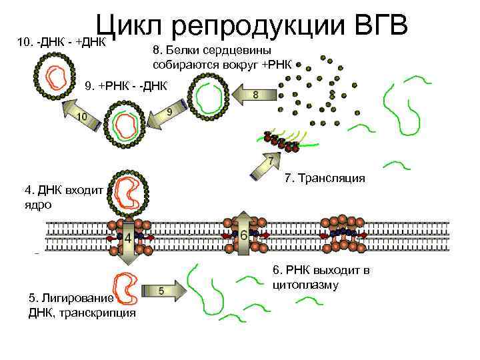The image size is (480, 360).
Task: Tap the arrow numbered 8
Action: click(255, 95)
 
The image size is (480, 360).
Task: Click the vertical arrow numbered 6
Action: click(244, 235)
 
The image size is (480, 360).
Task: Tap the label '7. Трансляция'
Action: click(325, 178)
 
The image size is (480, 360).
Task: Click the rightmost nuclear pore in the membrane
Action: click(343, 235)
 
